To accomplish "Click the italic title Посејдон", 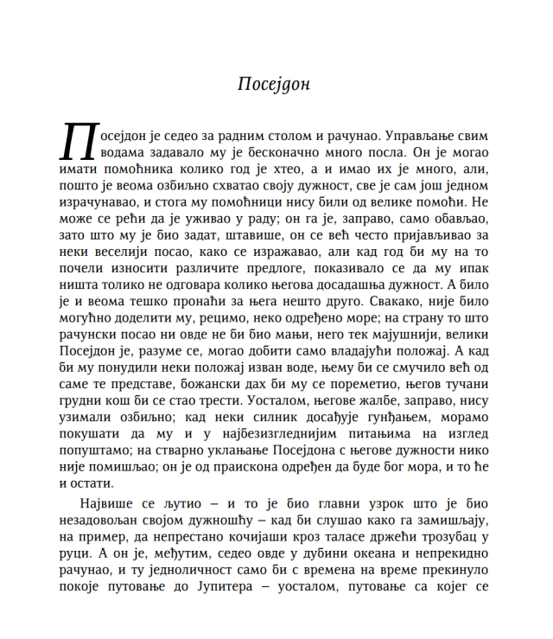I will click(273, 85).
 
